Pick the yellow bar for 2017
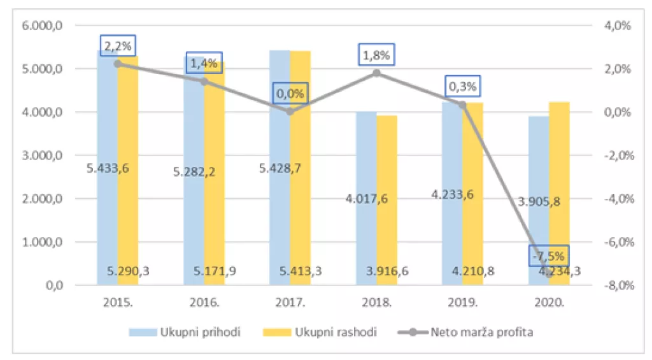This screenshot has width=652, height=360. [x=301, y=191]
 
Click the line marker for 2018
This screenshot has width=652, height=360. [x=376, y=73]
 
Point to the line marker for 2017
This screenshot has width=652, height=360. [x=290, y=111]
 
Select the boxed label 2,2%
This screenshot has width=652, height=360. [x=118, y=45]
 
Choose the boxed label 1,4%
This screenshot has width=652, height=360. [x=204, y=62]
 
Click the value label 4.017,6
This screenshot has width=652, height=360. [x=367, y=198]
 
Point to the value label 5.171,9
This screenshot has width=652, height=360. [x=215, y=271]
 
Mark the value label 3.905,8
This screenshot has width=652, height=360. [x=539, y=201]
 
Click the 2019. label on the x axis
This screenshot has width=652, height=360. [x=463, y=302]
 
